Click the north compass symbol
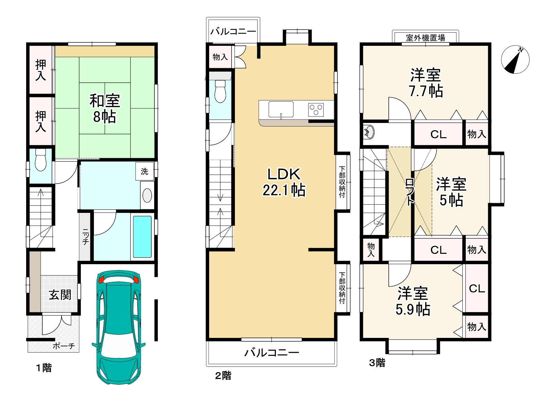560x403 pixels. pyautogui.click(x=515, y=60)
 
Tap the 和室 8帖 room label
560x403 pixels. pyautogui.click(x=105, y=108)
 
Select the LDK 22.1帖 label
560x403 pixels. pyautogui.click(x=284, y=182)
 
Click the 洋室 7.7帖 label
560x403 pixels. pyautogui.click(x=426, y=83)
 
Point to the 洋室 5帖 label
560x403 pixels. pyautogui.click(x=451, y=192)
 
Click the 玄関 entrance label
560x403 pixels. pyautogui.click(x=60, y=295)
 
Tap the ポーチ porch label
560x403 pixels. pyautogui.click(x=64, y=346)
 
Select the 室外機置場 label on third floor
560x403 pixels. pyautogui.click(x=425, y=38)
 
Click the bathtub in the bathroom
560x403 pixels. pyautogui.click(x=142, y=237)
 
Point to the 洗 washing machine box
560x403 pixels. pyautogui.click(x=144, y=172)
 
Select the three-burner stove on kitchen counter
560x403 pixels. pyautogui.click(x=316, y=110)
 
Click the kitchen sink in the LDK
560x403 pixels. pyautogui.click(x=281, y=110)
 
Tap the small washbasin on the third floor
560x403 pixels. pyautogui.click(x=369, y=132)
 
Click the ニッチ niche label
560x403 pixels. pyautogui.click(x=85, y=237)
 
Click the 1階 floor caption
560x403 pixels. pyautogui.click(x=44, y=368)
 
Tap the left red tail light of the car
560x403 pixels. pyautogui.click(x=101, y=280)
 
